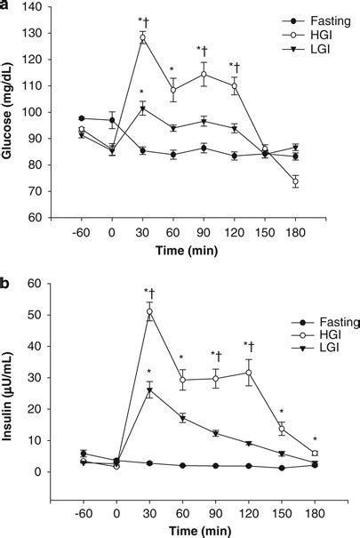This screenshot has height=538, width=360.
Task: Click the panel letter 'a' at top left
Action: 5,6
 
